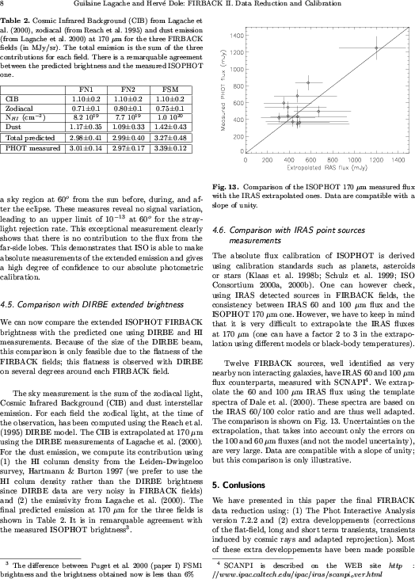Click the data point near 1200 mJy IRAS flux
376,48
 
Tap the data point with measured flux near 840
308,82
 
